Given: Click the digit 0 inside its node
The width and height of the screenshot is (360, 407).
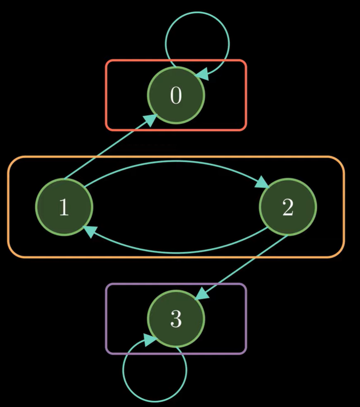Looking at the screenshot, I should click(x=176, y=95).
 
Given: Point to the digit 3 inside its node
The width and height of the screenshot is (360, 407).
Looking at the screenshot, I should click(x=176, y=320).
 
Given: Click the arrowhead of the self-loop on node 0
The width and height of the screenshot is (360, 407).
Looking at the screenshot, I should click(x=206, y=75).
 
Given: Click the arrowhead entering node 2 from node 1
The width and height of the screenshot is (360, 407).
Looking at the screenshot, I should click(x=264, y=182).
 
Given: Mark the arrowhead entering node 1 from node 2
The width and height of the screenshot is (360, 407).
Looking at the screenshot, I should click(x=89, y=231).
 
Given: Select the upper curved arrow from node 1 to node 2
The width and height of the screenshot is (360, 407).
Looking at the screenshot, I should click(x=175, y=161).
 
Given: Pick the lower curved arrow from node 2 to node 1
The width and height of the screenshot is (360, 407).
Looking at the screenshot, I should click(x=175, y=252).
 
